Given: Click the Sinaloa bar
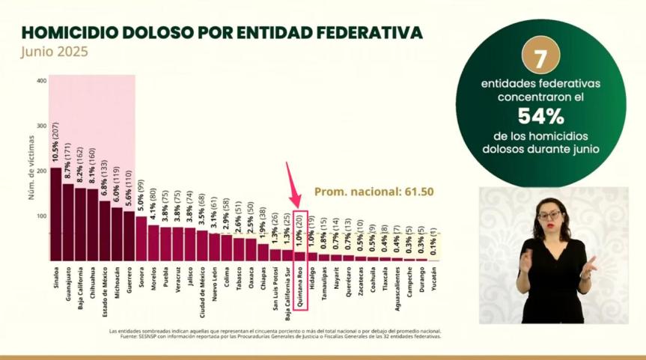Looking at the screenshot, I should pyautogui.click(x=55, y=214).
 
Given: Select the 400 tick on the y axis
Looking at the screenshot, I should pyautogui.click(x=41, y=81).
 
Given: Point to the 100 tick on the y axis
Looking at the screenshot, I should pyautogui.click(x=41, y=216).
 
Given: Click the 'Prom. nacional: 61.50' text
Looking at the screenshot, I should pyautogui.click(x=374, y=192).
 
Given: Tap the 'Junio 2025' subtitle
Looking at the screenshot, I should pyautogui.click(x=54, y=52).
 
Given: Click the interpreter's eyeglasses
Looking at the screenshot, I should pyautogui.click(x=549, y=216).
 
